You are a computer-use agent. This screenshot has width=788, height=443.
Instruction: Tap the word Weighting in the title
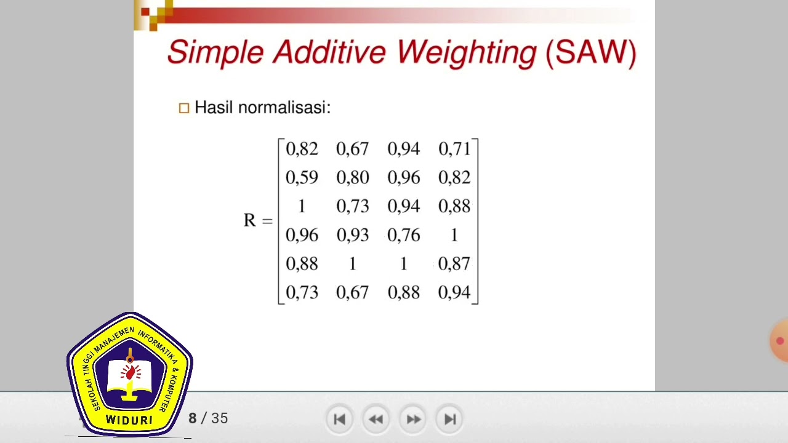[467, 52]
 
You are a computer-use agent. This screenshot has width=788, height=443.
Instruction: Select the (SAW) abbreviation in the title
[590, 52]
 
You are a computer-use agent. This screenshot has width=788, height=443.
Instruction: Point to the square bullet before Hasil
[184, 108]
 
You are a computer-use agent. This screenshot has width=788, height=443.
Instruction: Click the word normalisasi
[284, 107]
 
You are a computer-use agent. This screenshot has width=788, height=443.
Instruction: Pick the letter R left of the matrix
[249, 220]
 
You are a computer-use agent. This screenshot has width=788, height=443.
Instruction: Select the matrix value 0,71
[454, 149]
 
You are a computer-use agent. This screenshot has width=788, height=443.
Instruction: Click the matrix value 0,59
[302, 178]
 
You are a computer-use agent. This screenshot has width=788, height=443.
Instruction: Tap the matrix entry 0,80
[353, 178]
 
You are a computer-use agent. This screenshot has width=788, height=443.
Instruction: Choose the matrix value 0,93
[353, 235]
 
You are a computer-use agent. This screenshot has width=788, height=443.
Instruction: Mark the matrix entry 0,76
[404, 235]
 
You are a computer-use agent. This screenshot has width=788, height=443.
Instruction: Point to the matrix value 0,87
[454, 264]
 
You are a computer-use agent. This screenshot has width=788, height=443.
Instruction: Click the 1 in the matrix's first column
[302, 207]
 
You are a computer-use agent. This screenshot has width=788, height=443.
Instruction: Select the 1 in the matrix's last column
[454, 235]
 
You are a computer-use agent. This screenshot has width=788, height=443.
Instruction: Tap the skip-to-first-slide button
[339, 419]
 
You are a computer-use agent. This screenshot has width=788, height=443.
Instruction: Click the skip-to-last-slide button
[450, 419]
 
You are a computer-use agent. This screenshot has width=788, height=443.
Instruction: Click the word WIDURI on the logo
[129, 420]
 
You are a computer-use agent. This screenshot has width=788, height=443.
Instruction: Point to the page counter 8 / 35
[208, 418]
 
